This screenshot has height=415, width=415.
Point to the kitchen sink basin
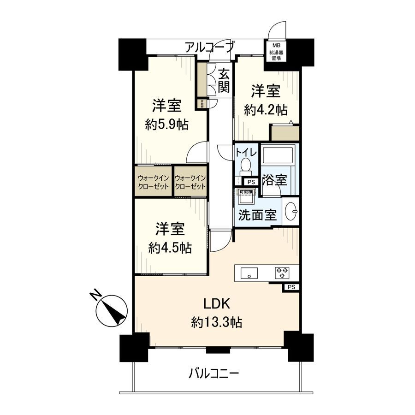click(249, 273)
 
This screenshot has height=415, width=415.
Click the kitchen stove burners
click(282, 273)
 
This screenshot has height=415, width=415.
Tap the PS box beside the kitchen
click(290, 287)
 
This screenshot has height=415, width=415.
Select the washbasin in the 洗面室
click(291, 212)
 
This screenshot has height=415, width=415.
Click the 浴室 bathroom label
click(274, 180)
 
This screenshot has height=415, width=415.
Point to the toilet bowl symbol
click(246, 165)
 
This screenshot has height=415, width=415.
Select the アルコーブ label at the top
click(210, 47)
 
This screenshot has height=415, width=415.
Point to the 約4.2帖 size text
click(266, 110)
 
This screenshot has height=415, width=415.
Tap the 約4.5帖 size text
click(171, 248)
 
